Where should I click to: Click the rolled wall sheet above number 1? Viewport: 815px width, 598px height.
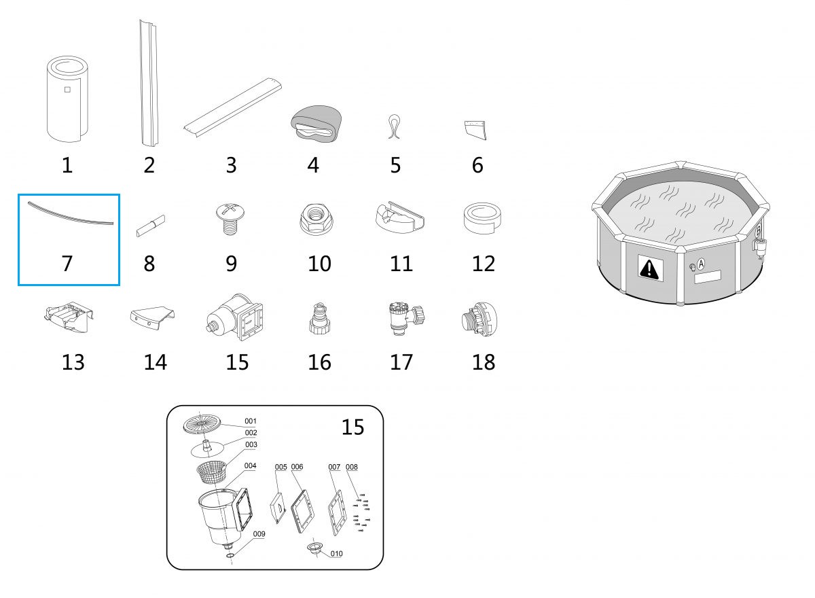[68, 99]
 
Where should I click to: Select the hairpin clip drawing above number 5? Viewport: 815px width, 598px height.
[395, 126]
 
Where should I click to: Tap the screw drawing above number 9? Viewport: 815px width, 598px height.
[230, 219]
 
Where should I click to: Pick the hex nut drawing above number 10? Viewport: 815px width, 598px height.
[316, 219]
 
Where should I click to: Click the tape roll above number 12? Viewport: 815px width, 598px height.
[482, 218]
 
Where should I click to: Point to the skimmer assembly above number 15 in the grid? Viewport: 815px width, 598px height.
[235, 317]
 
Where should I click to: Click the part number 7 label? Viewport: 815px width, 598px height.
[67, 264]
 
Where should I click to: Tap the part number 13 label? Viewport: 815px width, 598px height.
[73, 362]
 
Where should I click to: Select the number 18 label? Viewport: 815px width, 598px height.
[483, 362]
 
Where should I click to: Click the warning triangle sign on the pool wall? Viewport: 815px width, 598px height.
[650, 268]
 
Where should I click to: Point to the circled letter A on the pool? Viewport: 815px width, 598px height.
[701, 264]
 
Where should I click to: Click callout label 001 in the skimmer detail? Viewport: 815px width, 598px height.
[251, 421]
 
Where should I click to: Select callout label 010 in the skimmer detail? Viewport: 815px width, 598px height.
[337, 554]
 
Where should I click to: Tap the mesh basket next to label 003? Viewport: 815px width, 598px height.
[211, 472]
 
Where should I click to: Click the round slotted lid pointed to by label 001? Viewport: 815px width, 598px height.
[202, 425]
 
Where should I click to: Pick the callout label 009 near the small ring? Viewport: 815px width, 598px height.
[259, 534]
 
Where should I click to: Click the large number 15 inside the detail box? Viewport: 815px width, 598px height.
[352, 427]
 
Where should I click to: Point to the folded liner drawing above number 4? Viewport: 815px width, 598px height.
[316, 124]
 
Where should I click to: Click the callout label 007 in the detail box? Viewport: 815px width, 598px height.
[334, 467]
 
